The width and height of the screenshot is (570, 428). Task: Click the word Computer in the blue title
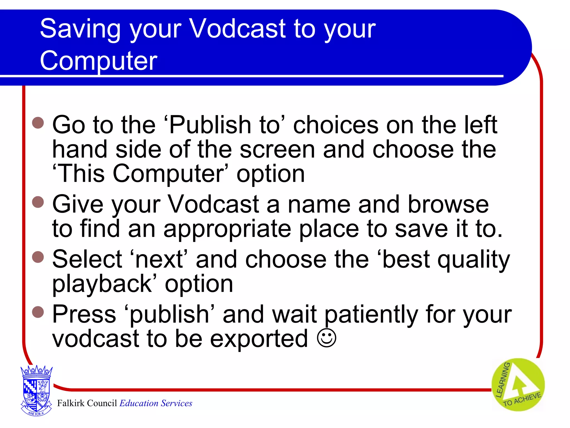(99, 61)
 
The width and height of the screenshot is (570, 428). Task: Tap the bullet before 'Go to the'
(38, 123)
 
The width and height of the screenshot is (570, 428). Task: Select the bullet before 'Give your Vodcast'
(38, 202)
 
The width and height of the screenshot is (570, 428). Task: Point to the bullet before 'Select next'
(38, 257)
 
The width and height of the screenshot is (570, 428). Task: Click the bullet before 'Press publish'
(38, 312)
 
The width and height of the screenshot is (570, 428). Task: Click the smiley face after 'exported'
(326, 339)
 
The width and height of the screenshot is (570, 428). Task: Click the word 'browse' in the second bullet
(448, 205)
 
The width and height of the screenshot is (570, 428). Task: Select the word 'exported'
(259, 339)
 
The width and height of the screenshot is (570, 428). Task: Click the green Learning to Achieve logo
(518, 385)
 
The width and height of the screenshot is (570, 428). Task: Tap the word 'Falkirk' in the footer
(71, 403)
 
